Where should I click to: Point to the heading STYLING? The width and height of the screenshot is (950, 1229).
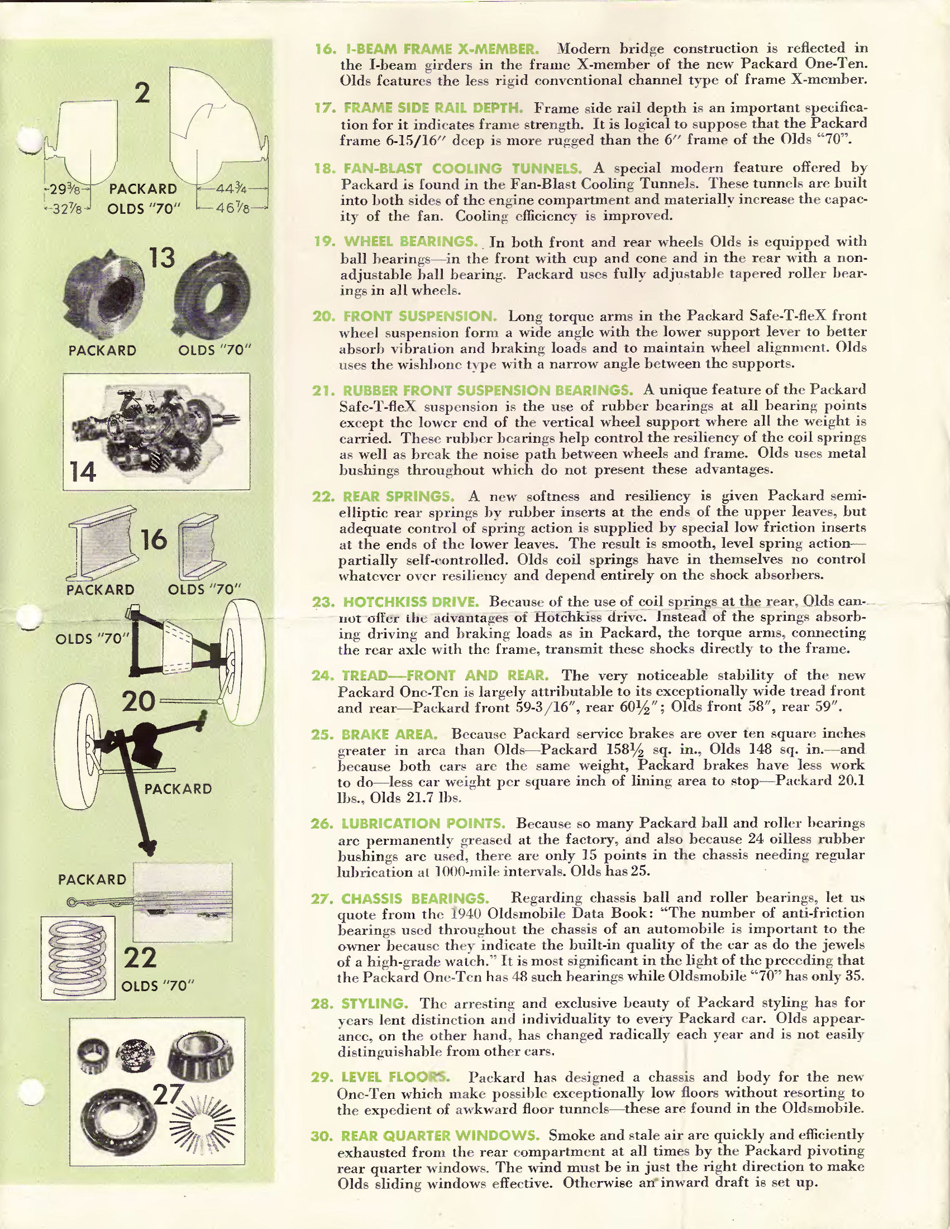tap(375, 1003)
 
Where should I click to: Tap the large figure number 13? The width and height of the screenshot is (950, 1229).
tap(162, 259)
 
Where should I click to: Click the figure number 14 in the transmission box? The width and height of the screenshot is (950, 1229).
tap(83, 472)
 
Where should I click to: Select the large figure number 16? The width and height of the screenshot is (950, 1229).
tap(154, 539)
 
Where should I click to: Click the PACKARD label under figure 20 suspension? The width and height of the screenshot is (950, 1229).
tap(178, 789)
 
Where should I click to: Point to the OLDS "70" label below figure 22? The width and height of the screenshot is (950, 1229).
tap(158, 987)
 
